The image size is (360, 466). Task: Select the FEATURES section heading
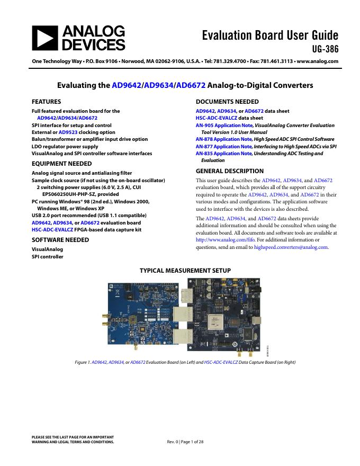(47, 102)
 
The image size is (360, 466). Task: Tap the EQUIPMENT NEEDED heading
(62, 164)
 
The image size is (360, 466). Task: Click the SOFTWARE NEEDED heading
(60, 239)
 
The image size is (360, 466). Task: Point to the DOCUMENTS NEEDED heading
(227, 102)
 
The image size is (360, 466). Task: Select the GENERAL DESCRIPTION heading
(230, 171)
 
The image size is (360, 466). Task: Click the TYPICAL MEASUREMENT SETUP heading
(185, 271)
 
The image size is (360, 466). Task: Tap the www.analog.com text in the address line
(317, 61)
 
